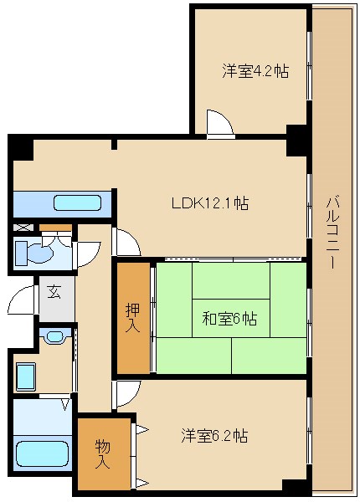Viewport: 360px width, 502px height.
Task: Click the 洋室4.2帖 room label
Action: click(x=255, y=71)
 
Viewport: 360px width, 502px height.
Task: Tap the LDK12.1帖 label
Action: click(x=208, y=202)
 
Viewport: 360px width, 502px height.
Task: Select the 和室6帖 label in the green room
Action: click(x=229, y=319)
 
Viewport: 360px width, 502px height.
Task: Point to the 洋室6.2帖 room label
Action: click(x=214, y=436)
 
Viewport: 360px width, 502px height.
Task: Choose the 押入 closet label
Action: click(x=133, y=317)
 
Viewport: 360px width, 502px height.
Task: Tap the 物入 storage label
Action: click(x=103, y=453)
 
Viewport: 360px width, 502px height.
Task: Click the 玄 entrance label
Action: click(x=54, y=292)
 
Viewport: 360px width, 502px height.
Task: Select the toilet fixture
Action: click(x=36, y=252)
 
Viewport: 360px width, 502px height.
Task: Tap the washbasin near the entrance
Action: click(x=54, y=336)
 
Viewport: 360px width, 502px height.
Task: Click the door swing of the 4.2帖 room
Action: click(x=220, y=123)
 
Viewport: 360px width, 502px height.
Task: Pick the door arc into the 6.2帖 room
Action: click(x=126, y=393)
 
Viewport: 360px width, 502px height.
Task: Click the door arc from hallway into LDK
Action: click(x=126, y=243)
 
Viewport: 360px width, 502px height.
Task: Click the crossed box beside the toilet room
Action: click(x=23, y=227)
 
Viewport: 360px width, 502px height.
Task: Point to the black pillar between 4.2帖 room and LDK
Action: click(x=296, y=138)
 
